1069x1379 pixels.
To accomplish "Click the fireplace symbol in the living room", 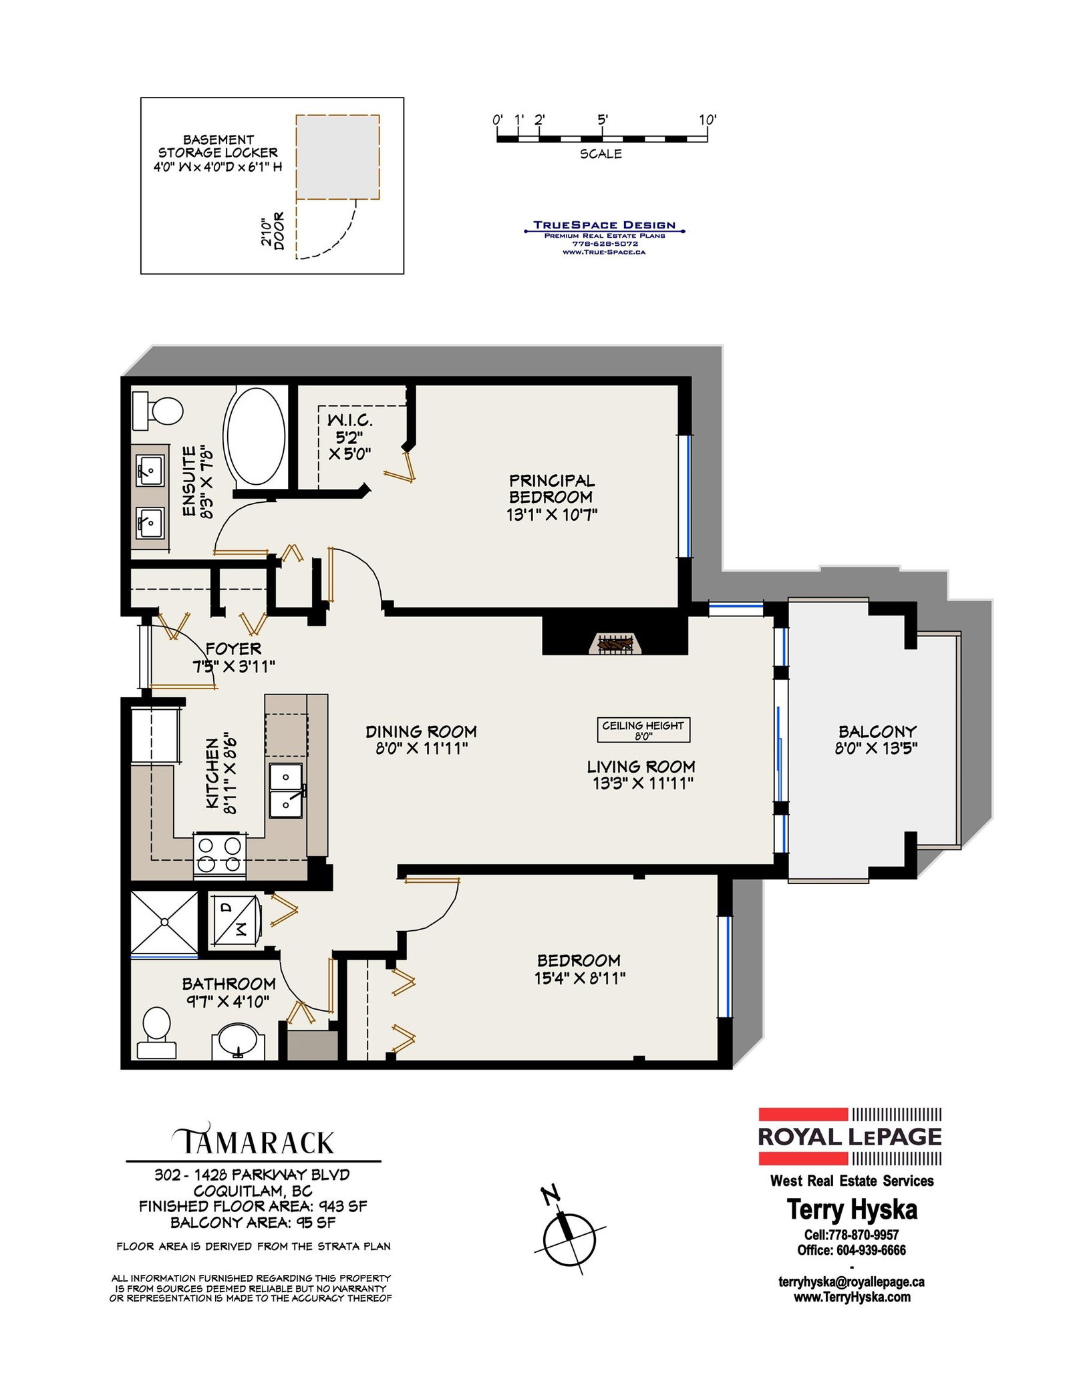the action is (615, 643).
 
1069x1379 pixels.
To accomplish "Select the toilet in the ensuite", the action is (158, 411).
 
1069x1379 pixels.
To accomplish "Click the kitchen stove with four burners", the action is (219, 855).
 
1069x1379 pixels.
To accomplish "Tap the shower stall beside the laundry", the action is (164, 923).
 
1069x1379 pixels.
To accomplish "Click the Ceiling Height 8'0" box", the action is (643, 730).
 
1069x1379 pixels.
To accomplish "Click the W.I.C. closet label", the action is (350, 421).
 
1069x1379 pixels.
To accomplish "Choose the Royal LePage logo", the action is (850, 1136).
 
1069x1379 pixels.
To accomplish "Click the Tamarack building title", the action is (254, 1141).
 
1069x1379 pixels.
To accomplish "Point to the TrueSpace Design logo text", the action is (605, 225).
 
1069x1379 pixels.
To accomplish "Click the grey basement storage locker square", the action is (338, 157).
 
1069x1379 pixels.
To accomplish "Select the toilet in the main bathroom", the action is (157, 1033).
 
